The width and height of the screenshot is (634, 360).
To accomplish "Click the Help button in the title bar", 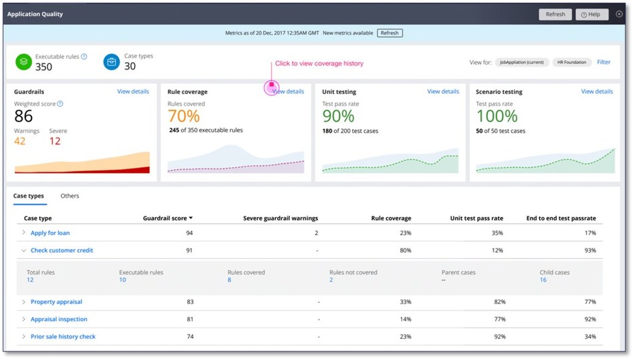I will click(x=591, y=14).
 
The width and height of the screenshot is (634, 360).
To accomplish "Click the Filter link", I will click(x=603, y=62).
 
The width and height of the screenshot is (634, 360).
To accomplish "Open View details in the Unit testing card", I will click(x=443, y=92).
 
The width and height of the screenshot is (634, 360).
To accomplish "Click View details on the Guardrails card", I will click(x=133, y=92).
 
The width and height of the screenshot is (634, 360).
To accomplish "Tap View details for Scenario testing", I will click(x=597, y=92).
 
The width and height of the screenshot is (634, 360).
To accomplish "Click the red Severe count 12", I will click(x=55, y=141).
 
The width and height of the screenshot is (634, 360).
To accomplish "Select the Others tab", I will click(x=69, y=196).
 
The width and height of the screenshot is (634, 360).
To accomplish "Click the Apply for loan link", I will click(x=50, y=233).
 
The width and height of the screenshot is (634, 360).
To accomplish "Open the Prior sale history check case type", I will click(x=63, y=337).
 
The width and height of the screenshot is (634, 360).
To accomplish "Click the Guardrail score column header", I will click(x=167, y=218).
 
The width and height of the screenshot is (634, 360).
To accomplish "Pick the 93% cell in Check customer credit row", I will click(x=589, y=250).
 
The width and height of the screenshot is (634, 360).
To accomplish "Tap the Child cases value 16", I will click(x=543, y=280).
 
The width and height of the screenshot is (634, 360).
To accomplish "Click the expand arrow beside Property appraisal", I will click(x=23, y=302).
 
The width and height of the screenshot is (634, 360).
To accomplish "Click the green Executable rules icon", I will click(x=23, y=62).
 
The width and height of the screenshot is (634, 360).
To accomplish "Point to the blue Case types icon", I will click(x=112, y=62).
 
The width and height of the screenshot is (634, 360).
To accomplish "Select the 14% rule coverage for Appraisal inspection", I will click(x=405, y=319).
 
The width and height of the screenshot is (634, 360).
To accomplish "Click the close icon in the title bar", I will click(x=619, y=14).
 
